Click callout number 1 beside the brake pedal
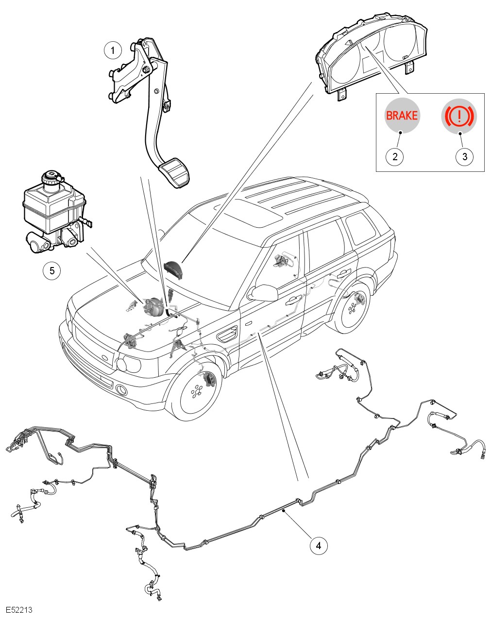[113, 50]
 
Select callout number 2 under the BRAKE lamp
[395, 156]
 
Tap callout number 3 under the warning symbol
[464, 156]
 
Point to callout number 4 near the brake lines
[319, 545]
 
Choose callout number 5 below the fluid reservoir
[52, 270]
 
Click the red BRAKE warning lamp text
[402, 116]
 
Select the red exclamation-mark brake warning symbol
[459, 116]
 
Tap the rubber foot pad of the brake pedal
[174, 172]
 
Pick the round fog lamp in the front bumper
[121, 390]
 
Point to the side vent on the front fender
[227, 335]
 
